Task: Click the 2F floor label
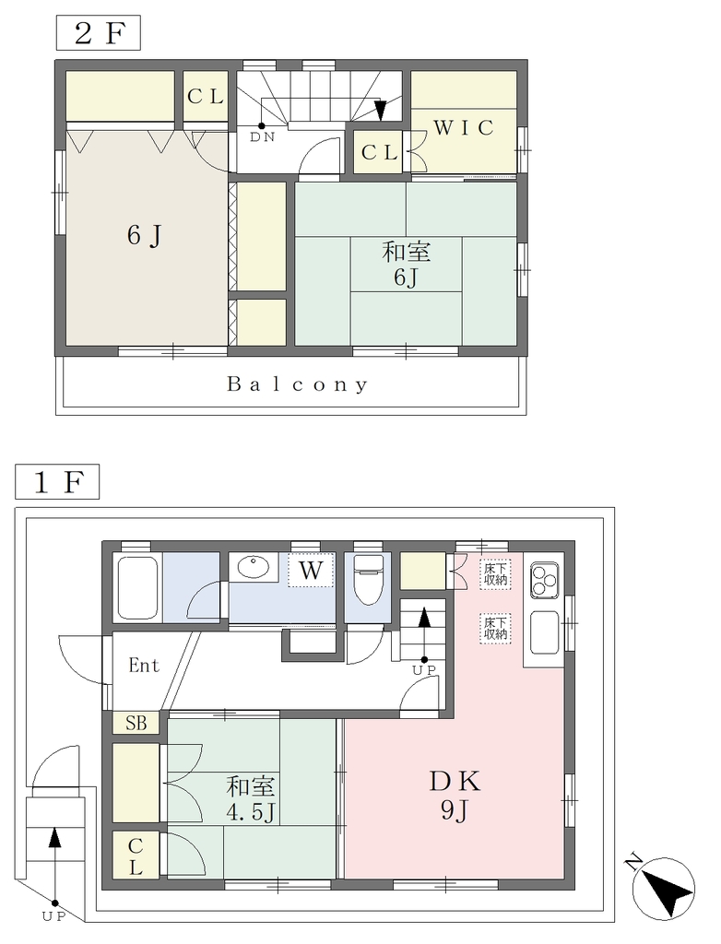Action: (x=98, y=33)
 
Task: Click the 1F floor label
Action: (x=57, y=482)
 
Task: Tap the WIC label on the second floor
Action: (x=463, y=127)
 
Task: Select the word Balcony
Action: (x=297, y=384)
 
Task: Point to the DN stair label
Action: (x=263, y=137)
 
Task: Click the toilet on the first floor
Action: (x=367, y=579)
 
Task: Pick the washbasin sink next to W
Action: (x=254, y=567)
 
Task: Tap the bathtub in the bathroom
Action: (x=138, y=588)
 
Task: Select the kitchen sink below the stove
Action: (x=544, y=632)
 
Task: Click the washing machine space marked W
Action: (x=311, y=569)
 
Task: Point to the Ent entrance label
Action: (x=144, y=666)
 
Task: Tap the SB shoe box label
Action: (x=136, y=723)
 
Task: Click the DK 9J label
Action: (x=455, y=796)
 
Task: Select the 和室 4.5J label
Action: (x=251, y=799)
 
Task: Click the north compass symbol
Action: (x=663, y=888)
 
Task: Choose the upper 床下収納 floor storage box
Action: (x=495, y=573)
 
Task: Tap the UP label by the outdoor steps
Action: (x=54, y=917)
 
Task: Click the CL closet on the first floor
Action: (x=136, y=857)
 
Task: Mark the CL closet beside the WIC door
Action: (x=379, y=152)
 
